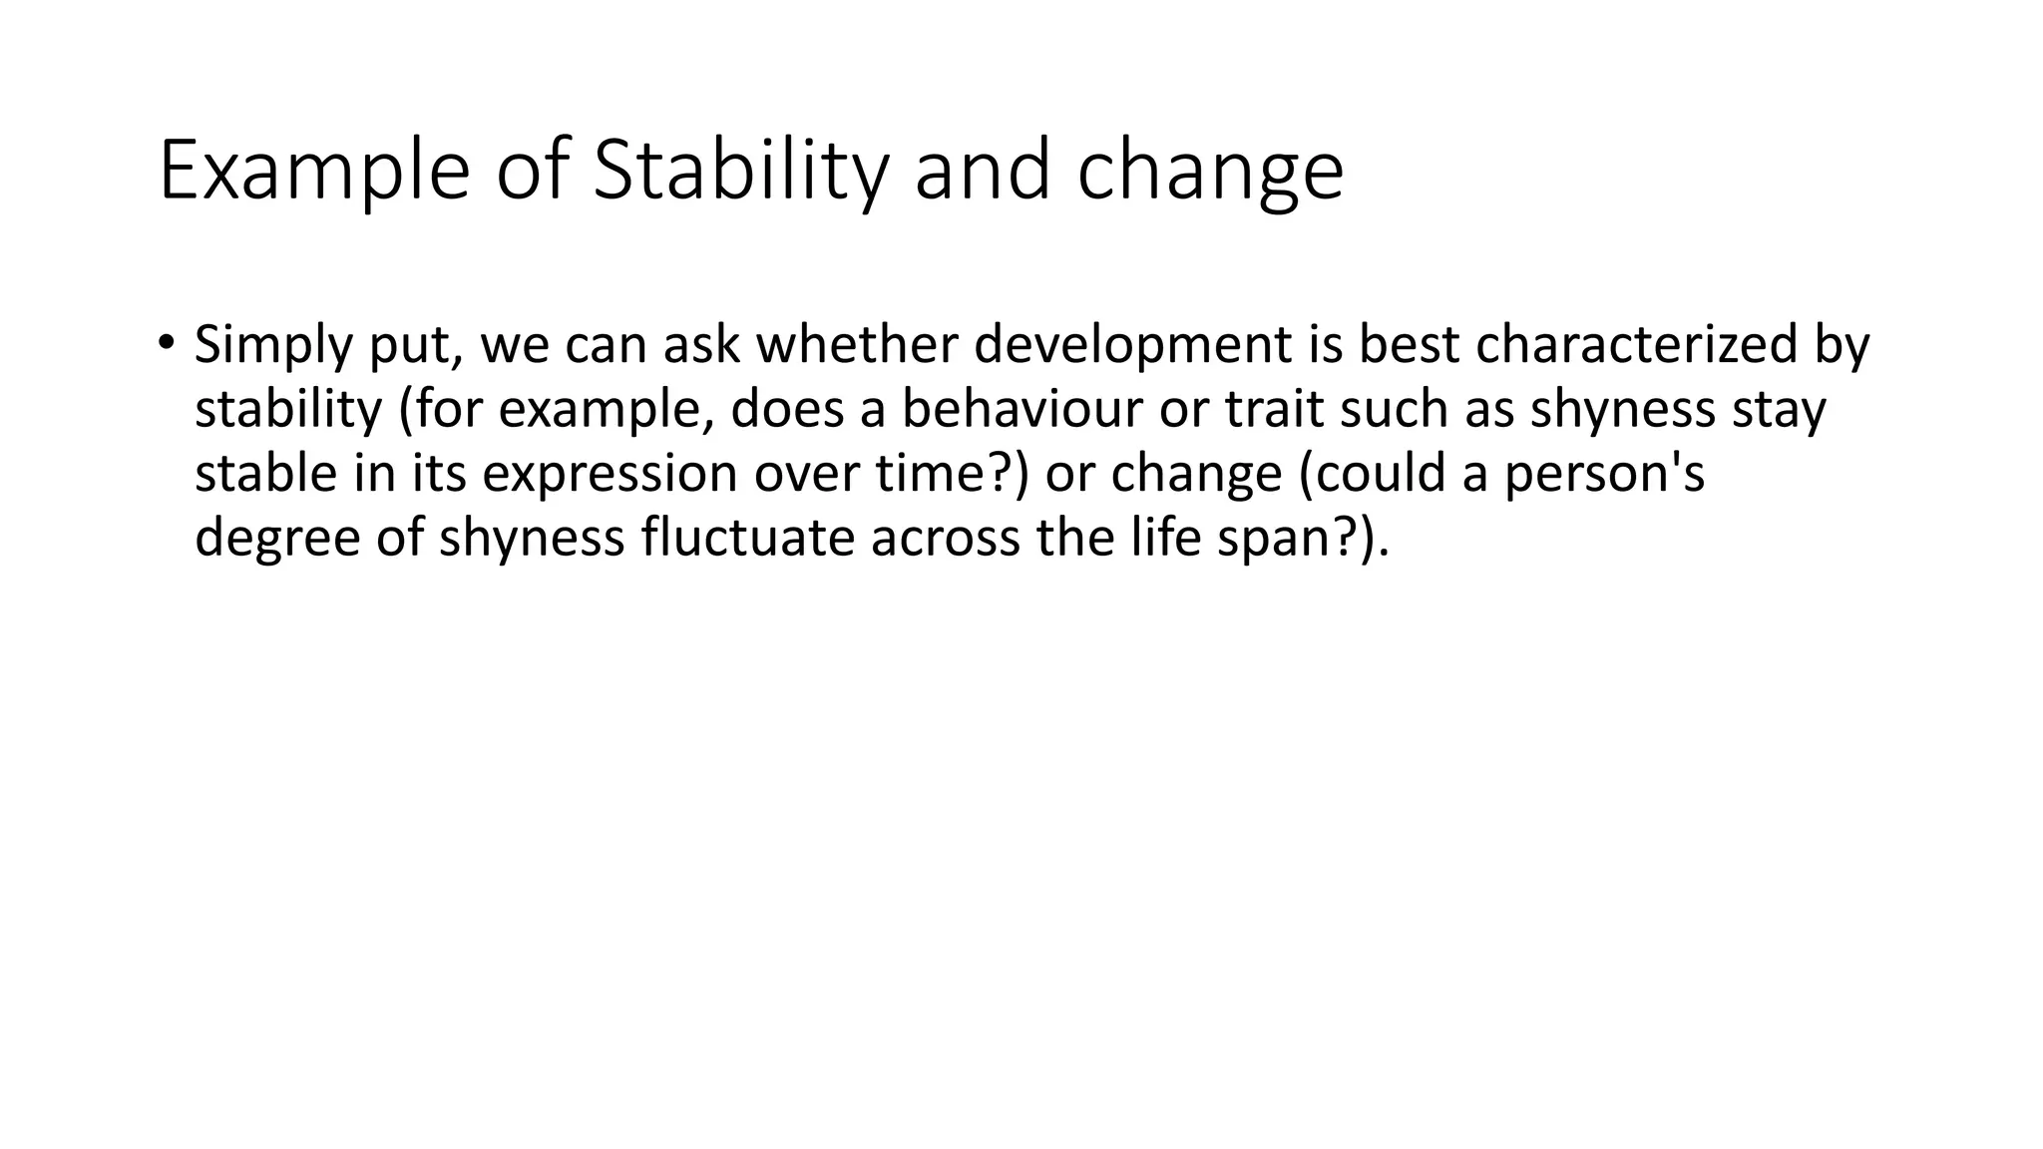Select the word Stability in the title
tap(739, 172)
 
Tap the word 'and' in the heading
tap(983, 172)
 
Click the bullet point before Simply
tap(166, 343)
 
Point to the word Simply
tap(272, 346)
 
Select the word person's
tap(1604, 475)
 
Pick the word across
tap(945, 539)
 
